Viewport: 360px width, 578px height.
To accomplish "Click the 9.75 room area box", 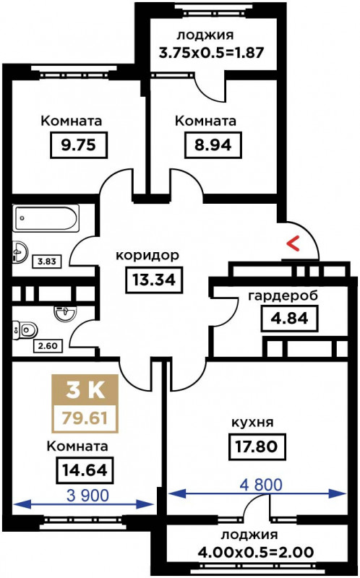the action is pyautogui.click(x=78, y=145).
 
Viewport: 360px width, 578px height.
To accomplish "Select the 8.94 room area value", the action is pyautogui.click(x=213, y=145).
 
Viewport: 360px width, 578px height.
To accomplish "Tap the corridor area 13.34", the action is pyautogui.click(x=154, y=280).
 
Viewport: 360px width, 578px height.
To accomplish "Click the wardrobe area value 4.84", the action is pyautogui.click(x=290, y=318).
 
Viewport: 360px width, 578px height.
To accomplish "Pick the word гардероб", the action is pyautogui.click(x=283, y=296).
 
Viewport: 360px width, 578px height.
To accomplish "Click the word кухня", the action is pyautogui.click(x=252, y=423).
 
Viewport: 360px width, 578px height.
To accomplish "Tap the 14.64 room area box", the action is pyautogui.click(x=85, y=470).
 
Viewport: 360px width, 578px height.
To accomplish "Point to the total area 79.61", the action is pyautogui.click(x=85, y=418).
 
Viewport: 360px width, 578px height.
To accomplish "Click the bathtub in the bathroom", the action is pyautogui.click(x=46, y=218).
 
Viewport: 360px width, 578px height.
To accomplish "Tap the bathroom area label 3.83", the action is pyautogui.click(x=47, y=262).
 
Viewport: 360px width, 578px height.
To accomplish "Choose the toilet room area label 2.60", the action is pyautogui.click(x=48, y=346).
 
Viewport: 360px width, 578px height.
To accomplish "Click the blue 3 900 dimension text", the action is pyautogui.click(x=87, y=496).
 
